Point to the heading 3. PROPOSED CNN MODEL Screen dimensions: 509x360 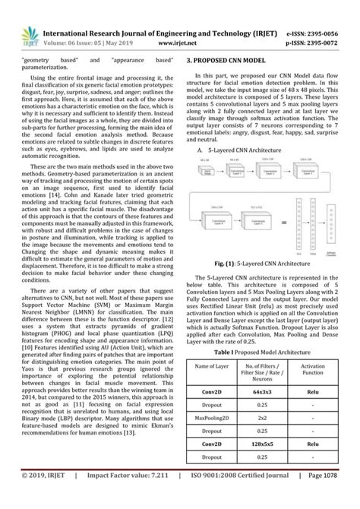(229, 58)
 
